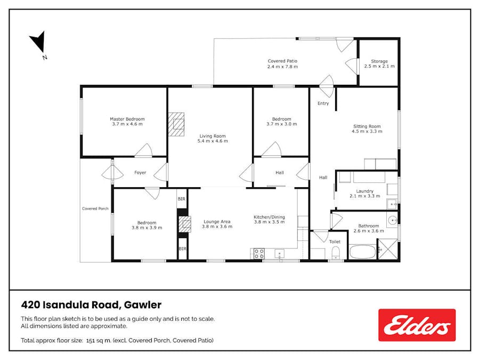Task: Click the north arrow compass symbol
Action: (39, 42)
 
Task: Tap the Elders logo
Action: (417, 325)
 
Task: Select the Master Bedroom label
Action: (127, 119)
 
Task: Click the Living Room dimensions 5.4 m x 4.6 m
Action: (213, 141)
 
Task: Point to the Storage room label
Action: (379, 61)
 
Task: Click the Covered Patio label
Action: (282, 61)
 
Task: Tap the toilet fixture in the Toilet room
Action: (336, 253)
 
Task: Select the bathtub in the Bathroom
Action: (362, 252)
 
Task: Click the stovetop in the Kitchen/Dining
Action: (259, 253)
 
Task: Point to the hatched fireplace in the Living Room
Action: (176, 124)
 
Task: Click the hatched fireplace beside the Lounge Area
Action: (185, 224)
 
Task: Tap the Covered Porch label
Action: (95, 209)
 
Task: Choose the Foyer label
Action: (140, 172)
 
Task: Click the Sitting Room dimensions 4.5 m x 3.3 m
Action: (367, 131)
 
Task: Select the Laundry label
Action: (365, 191)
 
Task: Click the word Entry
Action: (323, 103)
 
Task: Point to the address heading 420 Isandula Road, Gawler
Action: (91, 305)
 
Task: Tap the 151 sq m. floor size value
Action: (99, 340)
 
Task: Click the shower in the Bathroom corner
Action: (388, 249)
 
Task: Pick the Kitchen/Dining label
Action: (269, 217)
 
